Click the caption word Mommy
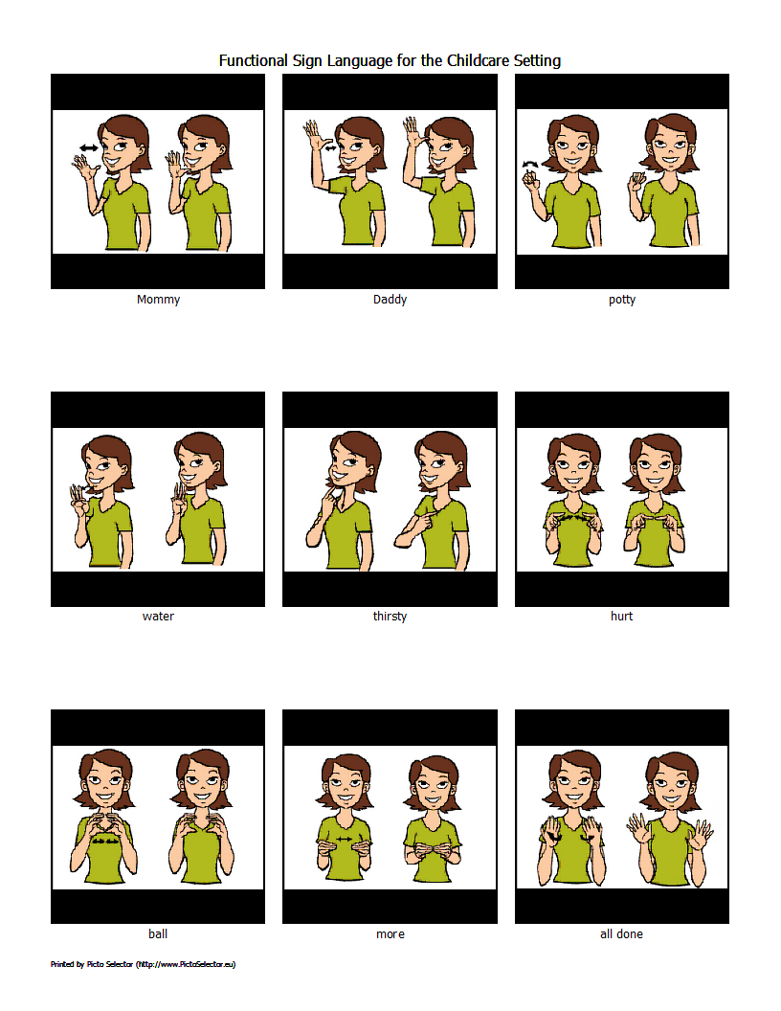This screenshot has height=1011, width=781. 158,300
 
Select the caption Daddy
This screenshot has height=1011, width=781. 390,300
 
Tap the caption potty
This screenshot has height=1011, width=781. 622,300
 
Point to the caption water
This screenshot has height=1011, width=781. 158,617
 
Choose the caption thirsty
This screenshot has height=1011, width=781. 390,617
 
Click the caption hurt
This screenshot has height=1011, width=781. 622,617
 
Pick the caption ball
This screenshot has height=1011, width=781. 158,933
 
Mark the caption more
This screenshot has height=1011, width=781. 390,933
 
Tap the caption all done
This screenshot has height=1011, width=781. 622,933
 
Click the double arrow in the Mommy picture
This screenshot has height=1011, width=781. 88,147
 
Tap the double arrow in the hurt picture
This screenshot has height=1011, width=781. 571,517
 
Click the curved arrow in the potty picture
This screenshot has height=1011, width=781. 527,164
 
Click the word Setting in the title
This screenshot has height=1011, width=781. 537,60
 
